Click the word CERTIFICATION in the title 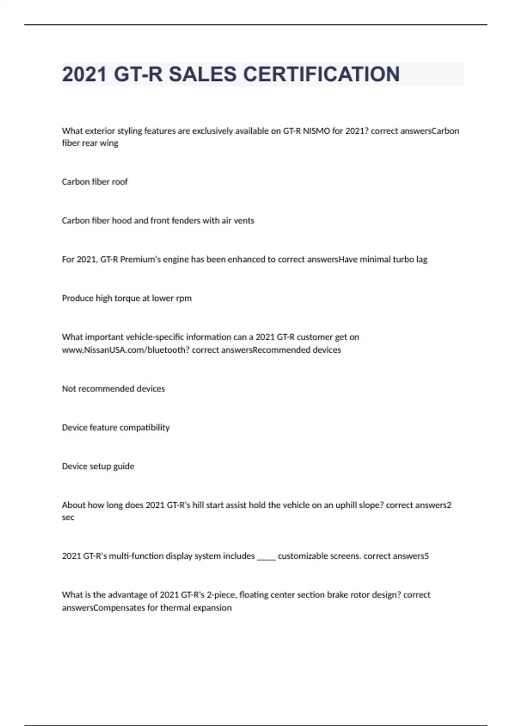(x=321, y=74)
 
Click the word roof (x=119, y=182)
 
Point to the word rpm (x=183, y=299)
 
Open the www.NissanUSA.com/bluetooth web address (x=125, y=350)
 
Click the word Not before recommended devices (x=69, y=389)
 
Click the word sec (x=68, y=518)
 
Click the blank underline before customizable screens (x=266, y=556)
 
